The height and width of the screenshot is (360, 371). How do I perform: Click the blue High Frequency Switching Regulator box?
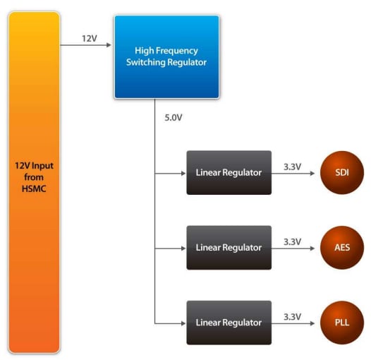(167, 56)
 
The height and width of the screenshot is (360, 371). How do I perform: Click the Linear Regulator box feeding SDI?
(229, 172)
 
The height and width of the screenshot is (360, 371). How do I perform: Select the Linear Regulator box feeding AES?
(229, 247)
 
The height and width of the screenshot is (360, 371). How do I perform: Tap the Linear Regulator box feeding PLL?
(229, 322)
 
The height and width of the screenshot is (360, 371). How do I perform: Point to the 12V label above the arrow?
(89, 38)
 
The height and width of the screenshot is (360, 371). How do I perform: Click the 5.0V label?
(173, 117)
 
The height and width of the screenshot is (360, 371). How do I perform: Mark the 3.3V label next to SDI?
(292, 167)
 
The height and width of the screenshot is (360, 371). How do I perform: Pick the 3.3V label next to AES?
(292, 241)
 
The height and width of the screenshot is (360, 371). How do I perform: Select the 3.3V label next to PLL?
(292, 316)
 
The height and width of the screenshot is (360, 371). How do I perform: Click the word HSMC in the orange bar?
(34, 188)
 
